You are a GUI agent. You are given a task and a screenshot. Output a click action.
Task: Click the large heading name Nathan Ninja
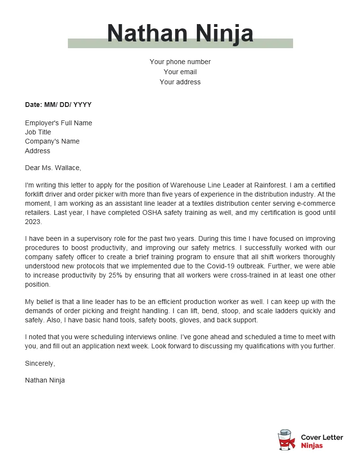pyautogui.click(x=180, y=33)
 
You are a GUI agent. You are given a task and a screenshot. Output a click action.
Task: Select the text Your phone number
pyautogui.click(x=180, y=62)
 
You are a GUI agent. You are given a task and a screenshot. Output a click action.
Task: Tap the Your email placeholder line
pyautogui.click(x=180, y=72)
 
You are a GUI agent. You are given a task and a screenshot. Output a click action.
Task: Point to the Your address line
pyautogui.click(x=180, y=82)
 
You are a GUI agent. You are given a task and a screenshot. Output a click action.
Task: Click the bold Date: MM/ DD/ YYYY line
pyautogui.click(x=58, y=105)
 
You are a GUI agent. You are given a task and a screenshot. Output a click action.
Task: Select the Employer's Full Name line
pyautogui.click(x=58, y=123)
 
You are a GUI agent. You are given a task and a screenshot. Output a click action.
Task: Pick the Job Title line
pyautogui.click(x=38, y=132)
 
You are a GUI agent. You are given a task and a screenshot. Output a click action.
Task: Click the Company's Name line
pyautogui.click(x=52, y=141)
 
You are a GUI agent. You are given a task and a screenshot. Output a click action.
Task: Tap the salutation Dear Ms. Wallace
pyautogui.click(x=53, y=168)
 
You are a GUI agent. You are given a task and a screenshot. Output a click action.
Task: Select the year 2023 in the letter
pyautogui.click(x=33, y=222)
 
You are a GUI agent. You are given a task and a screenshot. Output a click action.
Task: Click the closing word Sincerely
pyautogui.click(x=40, y=363)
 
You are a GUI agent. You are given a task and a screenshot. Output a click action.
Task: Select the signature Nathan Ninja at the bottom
pyautogui.click(x=45, y=380)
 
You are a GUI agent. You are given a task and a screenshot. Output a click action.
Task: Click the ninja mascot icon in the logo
pyautogui.click(x=286, y=440)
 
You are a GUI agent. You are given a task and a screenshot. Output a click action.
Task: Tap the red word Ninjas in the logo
pyautogui.click(x=311, y=446)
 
